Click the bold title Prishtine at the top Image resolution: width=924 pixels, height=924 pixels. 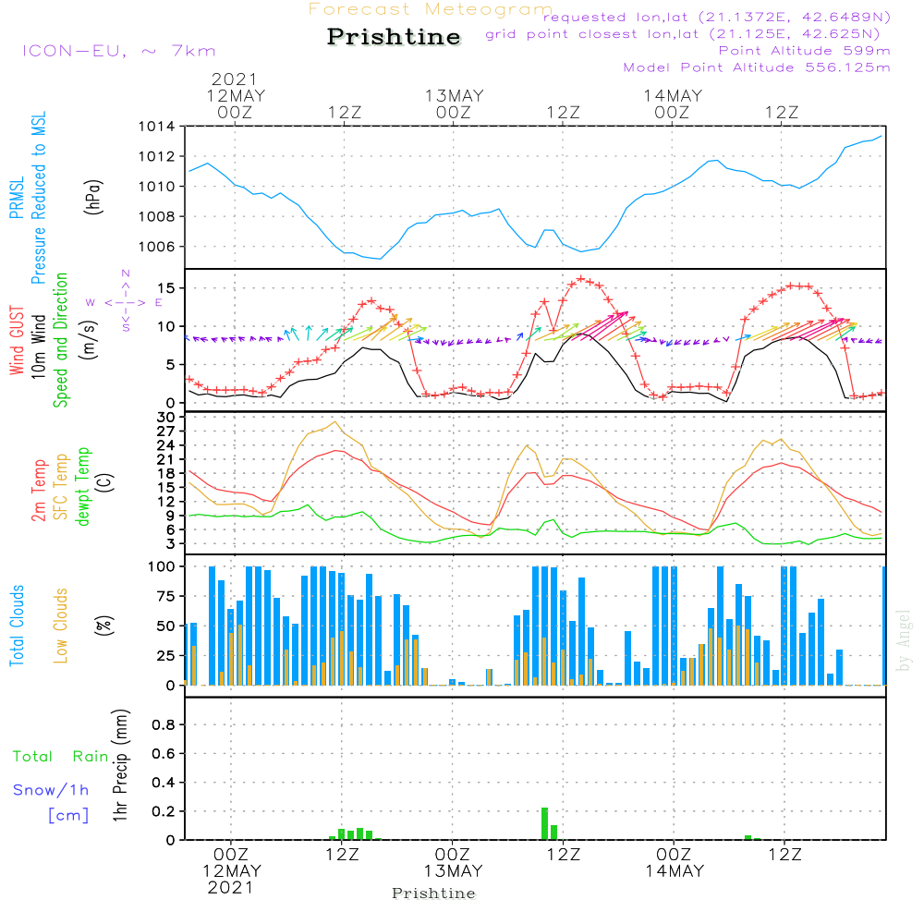[x=394, y=37]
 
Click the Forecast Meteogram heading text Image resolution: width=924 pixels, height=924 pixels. [x=431, y=9]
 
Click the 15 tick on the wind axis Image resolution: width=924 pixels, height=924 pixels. [x=168, y=288]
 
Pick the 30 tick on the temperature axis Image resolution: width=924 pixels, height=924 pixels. [x=168, y=418]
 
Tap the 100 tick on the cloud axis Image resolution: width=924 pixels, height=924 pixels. [x=163, y=565]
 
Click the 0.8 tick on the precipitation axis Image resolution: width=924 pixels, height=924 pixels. [x=164, y=725]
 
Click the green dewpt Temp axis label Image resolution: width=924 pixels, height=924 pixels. [x=82, y=487]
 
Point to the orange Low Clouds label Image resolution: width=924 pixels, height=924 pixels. [x=62, y=626]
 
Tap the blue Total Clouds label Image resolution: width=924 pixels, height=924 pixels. [x=18, y=626]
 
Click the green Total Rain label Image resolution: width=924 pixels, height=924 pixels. [x=60, y=757]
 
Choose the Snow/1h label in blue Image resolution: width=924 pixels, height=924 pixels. [x=52, y=790]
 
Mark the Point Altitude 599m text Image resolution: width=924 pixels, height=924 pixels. [x=804, y=50]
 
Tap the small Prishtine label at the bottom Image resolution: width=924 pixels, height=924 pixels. [x=433, y=894]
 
